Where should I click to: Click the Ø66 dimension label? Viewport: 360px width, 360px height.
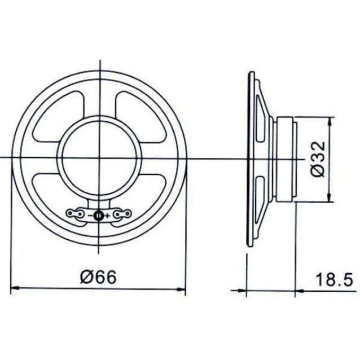98,278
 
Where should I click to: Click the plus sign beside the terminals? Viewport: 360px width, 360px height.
107,215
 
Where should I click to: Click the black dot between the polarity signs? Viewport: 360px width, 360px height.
99,215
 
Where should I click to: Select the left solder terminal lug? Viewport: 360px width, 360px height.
74,213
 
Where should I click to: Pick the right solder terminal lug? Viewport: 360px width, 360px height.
123,213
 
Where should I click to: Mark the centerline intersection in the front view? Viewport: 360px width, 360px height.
99,157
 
